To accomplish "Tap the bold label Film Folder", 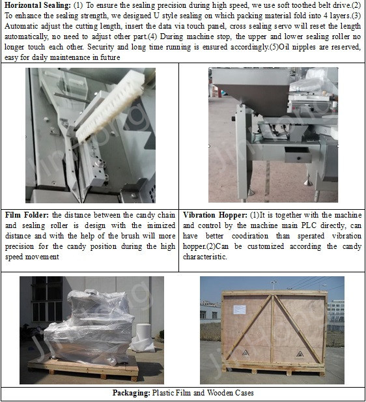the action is click(27, 215).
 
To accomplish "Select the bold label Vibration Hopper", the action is click(215, 215).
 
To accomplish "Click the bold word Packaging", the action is click(132, 393).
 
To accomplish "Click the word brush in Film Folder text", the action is click(131, 236).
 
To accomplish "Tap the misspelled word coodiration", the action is click(250, 236).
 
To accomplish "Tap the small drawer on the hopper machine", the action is click(298, 154).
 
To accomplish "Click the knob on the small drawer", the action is click(298, 159).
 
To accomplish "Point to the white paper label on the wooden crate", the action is click(240, 309).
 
